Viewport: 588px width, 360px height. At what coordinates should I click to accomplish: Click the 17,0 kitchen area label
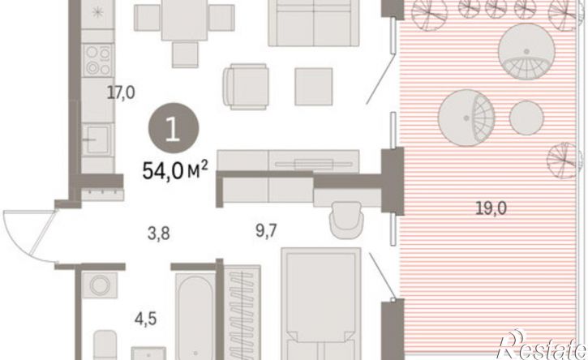tap(121, 92)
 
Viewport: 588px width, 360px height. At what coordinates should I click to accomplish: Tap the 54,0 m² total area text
tap(174, 171)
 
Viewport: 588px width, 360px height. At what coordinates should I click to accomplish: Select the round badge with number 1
tap(174, 128)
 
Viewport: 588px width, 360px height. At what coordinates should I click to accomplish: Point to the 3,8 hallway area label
tap(159, 234)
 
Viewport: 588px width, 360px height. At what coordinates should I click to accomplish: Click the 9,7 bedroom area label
tap(266, 231)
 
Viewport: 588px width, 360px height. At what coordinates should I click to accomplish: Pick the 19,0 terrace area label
tap(491, 208)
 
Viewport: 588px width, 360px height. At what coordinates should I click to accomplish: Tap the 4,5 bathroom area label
tap(146, 319)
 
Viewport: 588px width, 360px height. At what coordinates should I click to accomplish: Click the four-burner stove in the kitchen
tap(98, 60)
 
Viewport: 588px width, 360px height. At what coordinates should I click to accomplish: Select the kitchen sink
tap(97, 139)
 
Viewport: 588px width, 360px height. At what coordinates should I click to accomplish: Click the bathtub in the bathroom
tap(195, 317)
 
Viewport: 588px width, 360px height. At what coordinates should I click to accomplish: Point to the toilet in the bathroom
tap(105, 345)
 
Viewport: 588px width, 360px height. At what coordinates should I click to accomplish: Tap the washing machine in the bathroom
tap(100, 285)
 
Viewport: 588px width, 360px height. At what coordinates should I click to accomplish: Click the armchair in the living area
tap(246, 87)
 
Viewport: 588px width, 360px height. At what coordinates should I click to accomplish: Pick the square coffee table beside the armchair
tap(314, 87)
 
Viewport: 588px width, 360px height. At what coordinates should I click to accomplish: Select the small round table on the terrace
tap(526, 118)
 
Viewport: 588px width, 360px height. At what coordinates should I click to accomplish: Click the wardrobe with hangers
tap(242, 312)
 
